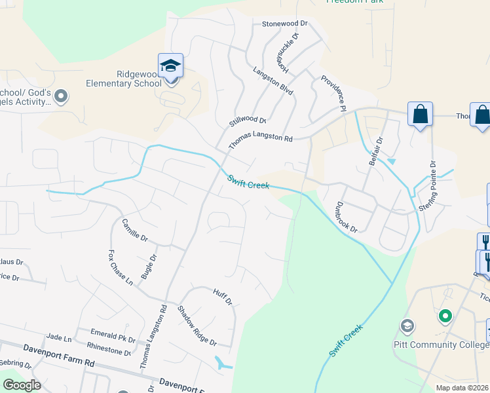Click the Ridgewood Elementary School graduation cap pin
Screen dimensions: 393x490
click(x=171, y=67)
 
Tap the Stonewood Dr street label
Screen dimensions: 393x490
click(x=284, y=24)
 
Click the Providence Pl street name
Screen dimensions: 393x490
click(x=333, y=93)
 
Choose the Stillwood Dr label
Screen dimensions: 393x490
click(x=247, y=121)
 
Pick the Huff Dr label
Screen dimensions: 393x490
click(x=223, y=297)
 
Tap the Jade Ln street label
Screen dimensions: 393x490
click(x=58, y=337)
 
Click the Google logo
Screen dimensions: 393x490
click(x=22, y=385)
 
